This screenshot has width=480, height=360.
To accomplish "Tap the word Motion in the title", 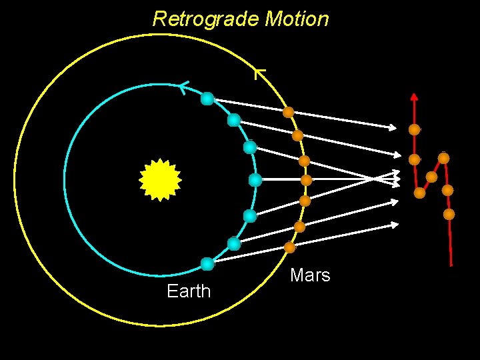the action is pyautogui.click(x=296, y=19).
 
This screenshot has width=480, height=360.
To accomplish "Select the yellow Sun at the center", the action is pyautogui.click(x=160, y=179).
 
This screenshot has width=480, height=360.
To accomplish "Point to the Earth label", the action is pyautogui.click(x=189, y=291).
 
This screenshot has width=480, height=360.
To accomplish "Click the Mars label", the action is pyautogui.click(x=310, y=275).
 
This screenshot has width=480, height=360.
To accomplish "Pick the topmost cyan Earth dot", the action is pyautogui.click(x=207, y=99).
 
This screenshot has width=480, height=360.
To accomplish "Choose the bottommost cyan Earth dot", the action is pyautogui.click(x=207, y=264).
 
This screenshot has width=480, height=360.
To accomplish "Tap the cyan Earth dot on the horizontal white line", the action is pyautogui.click(x=255, y=179).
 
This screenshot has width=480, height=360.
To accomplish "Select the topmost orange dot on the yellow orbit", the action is pyautogui.click(x=289, y=113).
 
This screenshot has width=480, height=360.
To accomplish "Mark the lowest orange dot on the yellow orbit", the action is pyautogui.click(x=289, y=247).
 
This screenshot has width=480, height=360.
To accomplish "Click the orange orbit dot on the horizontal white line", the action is pyautogui.click(x=306, y=180).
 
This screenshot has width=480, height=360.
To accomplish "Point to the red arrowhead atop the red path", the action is pyautogui.click(x=414, y=96).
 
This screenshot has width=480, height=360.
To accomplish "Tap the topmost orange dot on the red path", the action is pyautogui.click(x=415, y=129).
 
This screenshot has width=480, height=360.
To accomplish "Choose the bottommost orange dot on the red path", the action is pyautogui.click(x=449, y=215).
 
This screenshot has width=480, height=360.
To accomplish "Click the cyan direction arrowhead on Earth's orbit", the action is pyautogui.click(x=183, y=86).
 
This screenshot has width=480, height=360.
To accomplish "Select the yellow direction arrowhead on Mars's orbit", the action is pyautogui.click(x=260, y=73).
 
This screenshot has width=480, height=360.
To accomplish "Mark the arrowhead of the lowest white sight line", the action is pyautogui.click(x=396, y=225).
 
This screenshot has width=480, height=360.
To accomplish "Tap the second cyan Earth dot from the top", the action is pyautogui.click(x=234, y=120).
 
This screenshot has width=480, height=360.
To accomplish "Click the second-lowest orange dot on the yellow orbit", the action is pyautogui.click(x=300, y=227).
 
